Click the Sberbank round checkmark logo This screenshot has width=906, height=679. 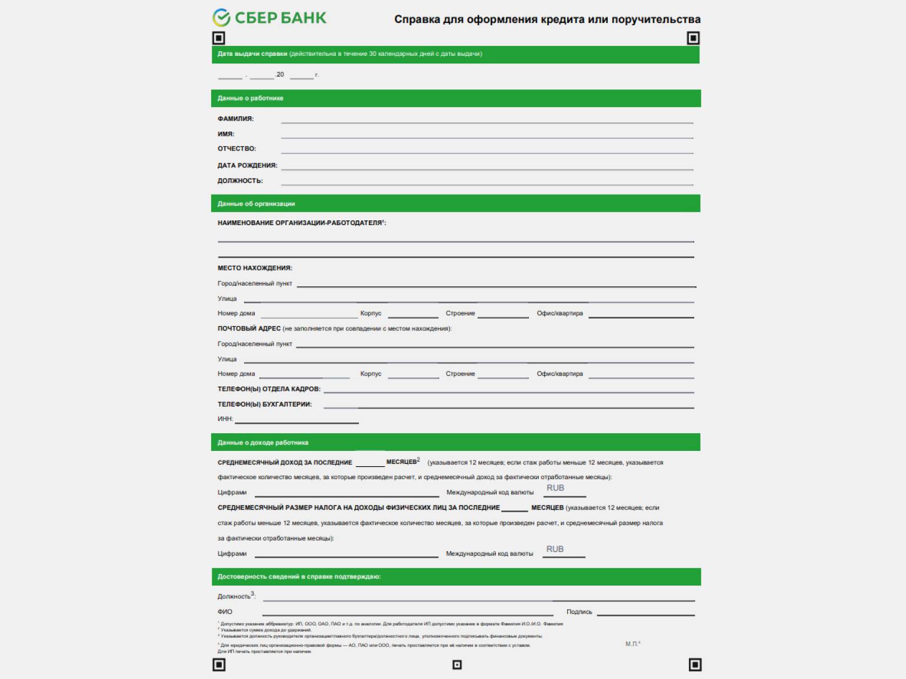221,18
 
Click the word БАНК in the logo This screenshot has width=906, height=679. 303,18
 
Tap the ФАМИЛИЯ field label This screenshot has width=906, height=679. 235,119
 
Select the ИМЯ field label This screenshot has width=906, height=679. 226,134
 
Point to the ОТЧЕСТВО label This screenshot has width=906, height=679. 237,149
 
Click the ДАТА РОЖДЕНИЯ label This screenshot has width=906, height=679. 247,166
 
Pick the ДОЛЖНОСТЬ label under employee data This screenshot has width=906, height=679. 240,181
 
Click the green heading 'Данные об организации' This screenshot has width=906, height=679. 256,204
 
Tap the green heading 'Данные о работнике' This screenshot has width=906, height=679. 250,98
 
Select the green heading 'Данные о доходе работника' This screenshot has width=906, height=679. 262,443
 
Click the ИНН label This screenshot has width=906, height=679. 225,419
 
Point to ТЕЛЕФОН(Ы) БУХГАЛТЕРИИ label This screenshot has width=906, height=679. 265,404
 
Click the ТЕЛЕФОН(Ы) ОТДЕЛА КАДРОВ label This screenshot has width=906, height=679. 269,389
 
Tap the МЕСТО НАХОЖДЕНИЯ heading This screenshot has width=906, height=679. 255,268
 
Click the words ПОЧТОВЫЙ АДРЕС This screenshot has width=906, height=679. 249,329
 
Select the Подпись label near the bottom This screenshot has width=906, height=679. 579,612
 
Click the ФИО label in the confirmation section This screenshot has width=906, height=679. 225,612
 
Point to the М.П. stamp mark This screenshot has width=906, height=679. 632,644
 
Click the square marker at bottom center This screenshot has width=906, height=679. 457,665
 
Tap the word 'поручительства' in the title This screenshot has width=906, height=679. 655,19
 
